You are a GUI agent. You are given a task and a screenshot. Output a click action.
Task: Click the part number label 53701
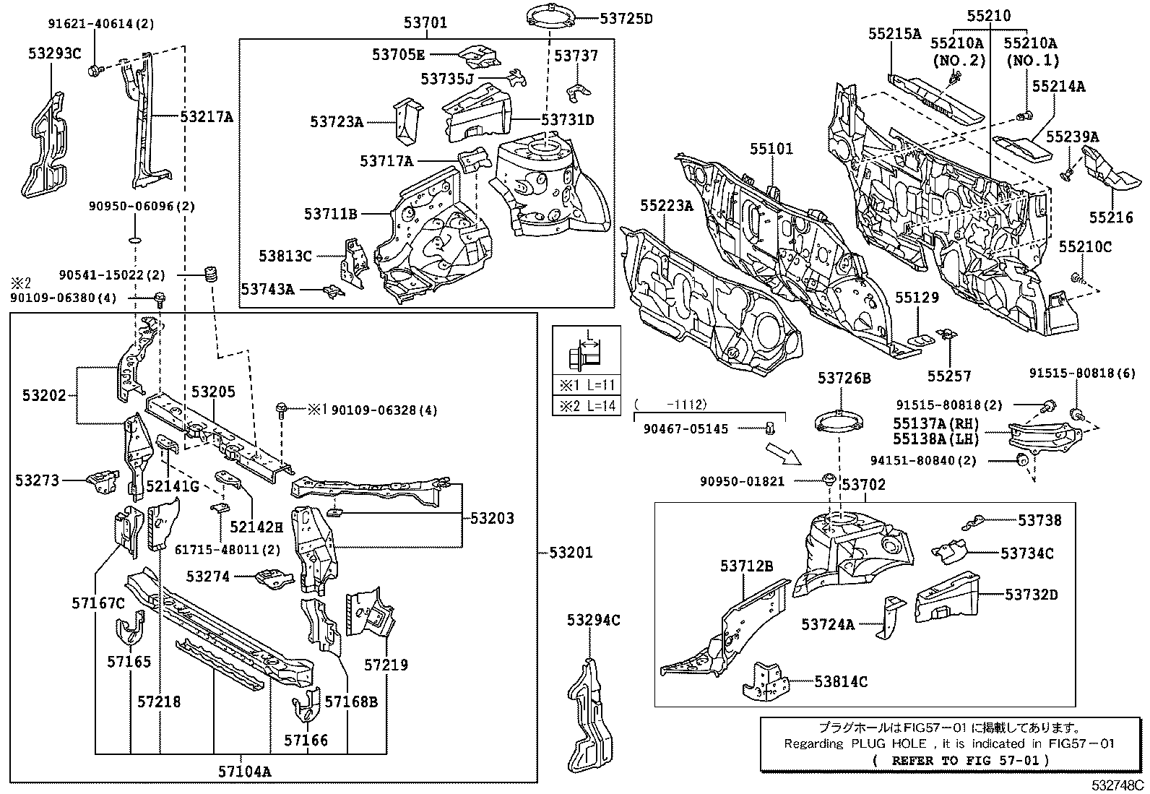coord(425,23)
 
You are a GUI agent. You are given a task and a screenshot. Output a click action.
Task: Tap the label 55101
coord(771,149)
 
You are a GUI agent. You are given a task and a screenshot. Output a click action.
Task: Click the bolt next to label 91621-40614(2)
coord(94,70)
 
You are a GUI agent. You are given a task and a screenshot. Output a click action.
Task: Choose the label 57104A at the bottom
coord(244,772)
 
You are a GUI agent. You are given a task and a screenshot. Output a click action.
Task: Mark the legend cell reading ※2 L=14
coord(587,405)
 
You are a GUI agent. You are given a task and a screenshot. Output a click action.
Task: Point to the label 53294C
coord(593,620)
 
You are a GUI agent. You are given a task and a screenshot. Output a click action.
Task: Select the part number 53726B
coord(844,378)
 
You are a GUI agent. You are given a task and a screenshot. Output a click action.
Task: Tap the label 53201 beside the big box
coord(571,553)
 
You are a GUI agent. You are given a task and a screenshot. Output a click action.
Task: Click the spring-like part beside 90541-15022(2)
coord(212,275)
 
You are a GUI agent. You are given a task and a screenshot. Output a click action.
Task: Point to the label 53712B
coord(746,566)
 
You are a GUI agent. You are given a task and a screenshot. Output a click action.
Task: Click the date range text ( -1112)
coord(671,405)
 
